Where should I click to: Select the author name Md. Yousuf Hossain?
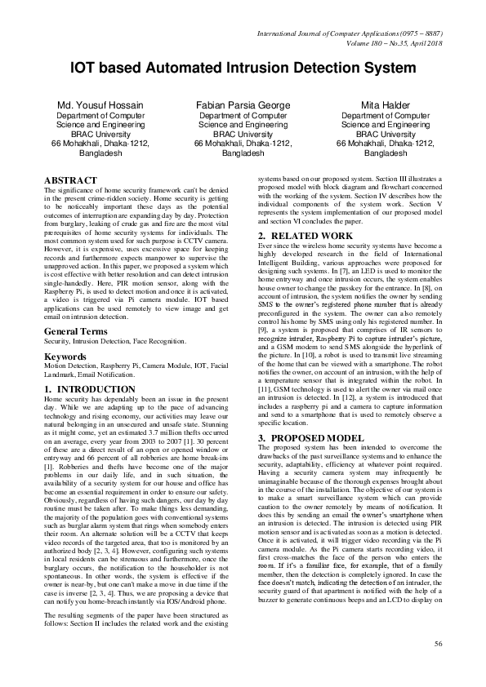click(x=101, y=106)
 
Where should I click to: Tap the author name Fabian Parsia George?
click(x=243, y=106)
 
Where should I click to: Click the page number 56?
click(x=438, y=644)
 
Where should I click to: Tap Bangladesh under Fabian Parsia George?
click(x=243, y=153)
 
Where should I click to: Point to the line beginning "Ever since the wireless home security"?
click(x=351, y=246)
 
